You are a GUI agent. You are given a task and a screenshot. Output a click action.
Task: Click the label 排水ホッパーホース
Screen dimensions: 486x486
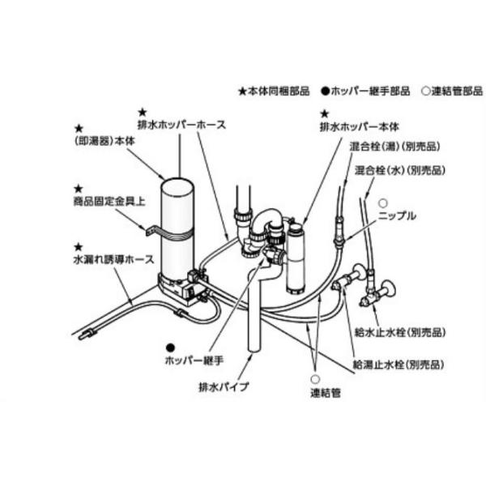click(181, 125)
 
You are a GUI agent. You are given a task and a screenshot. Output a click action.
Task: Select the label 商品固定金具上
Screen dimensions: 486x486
click(109, 202)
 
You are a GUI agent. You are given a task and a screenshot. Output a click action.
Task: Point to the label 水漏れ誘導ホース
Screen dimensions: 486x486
click(114, 260)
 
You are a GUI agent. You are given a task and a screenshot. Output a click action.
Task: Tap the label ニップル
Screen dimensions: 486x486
click(397, 216)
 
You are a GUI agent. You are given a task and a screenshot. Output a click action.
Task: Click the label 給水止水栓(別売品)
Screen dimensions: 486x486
click(401, 332)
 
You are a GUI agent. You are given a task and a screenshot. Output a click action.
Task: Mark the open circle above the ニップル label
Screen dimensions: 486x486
click(383, 202)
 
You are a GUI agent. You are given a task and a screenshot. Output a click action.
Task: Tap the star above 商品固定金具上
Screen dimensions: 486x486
click(78, 188)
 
